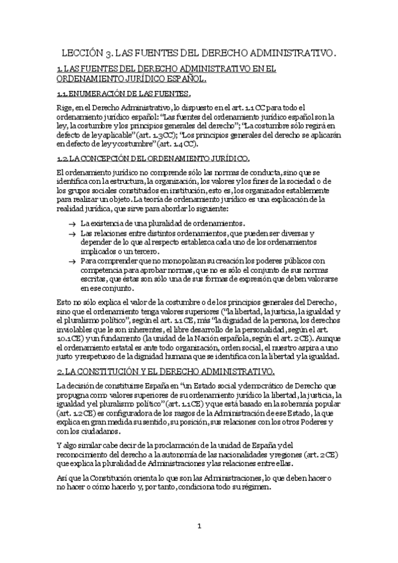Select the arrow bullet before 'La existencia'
pos(71,224)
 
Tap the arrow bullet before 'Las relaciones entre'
pos(71,234)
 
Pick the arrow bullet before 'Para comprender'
pos(71,262)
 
